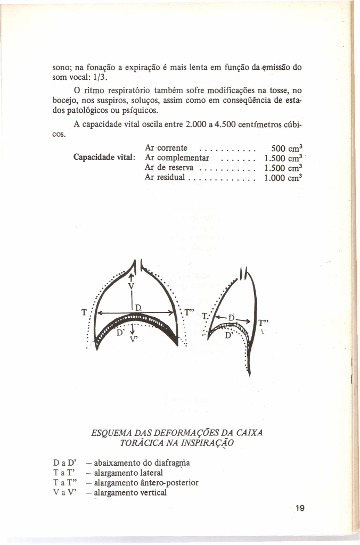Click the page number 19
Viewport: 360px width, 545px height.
click(x=299, y=508)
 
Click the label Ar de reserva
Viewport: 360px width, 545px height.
click(x=169, y=167)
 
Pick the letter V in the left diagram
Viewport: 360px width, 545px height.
click(x=130, y=286)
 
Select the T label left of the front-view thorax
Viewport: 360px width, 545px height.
click(x=84, y=312)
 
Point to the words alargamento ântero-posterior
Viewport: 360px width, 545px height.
click(x=146, y=483)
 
